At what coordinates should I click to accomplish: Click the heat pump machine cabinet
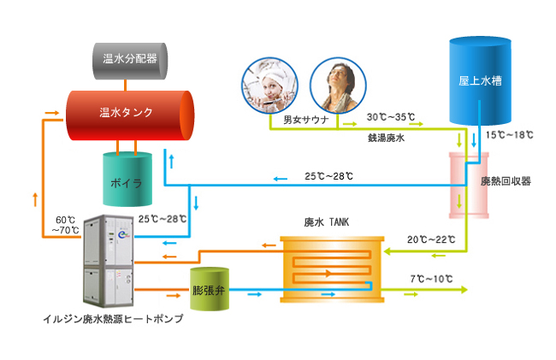click(107, 261)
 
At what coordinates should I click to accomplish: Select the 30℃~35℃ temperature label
click(391, 116)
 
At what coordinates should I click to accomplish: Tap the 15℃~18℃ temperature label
click(509, 135)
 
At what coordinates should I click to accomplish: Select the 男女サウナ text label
click(293, 118)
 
